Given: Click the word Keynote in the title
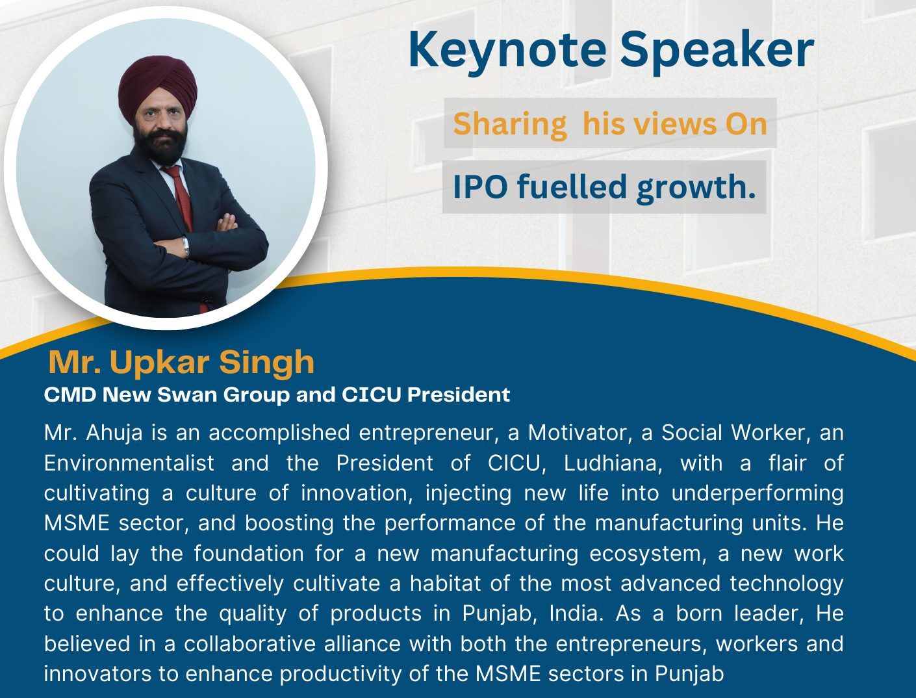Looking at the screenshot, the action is (x=507, y=51).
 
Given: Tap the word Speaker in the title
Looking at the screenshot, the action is (x=717, y=51).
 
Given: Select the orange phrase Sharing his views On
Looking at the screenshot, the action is (x=610, y=124).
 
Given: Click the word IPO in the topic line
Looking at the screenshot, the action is (x=480, y=187).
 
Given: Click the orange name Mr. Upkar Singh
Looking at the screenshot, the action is (x=181, y=363).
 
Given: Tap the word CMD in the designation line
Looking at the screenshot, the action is (x=70, y=394).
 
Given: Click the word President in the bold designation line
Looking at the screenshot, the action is (x=459, y=394).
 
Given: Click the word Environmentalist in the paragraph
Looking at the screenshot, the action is (x=129, y=463).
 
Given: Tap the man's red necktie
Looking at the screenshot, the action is (x=181, y=200).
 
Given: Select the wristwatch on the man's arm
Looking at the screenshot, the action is (x=186, y=247).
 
